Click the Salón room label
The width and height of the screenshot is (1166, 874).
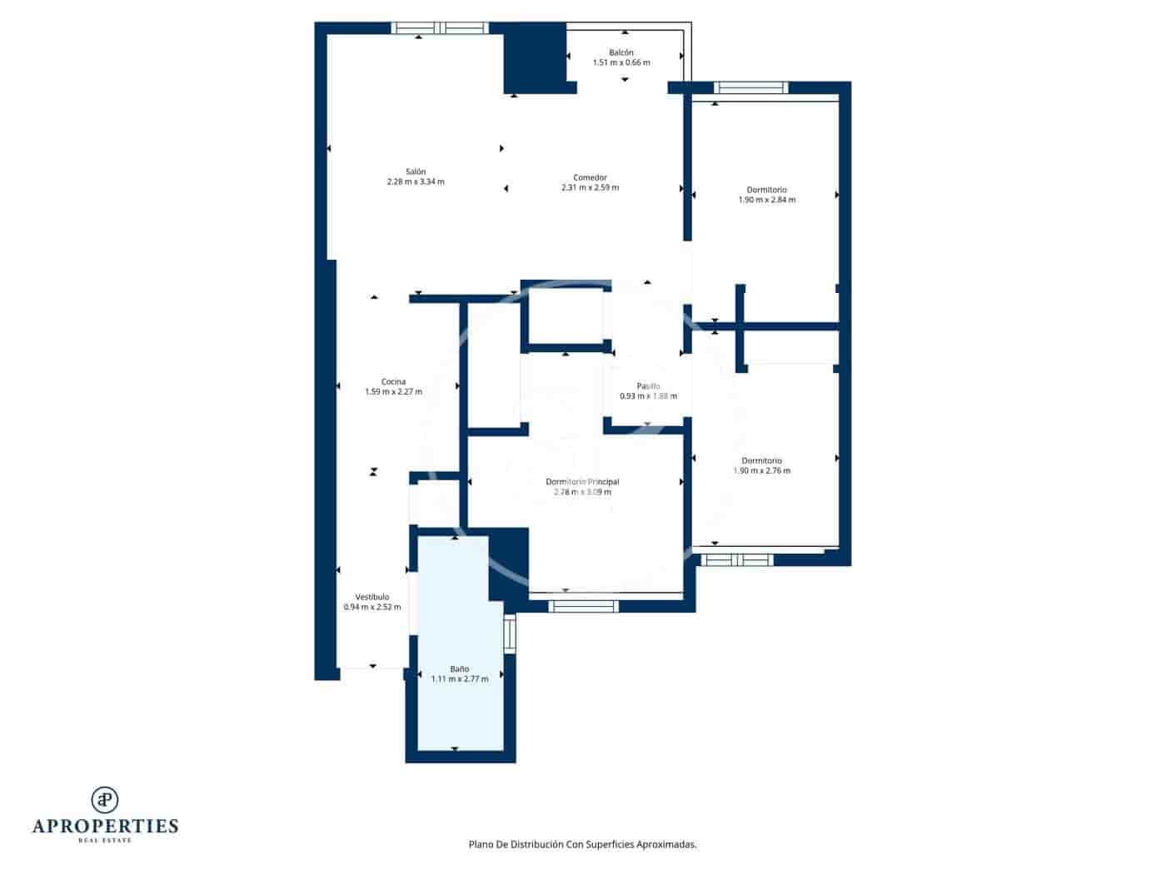click(x=416, y=171)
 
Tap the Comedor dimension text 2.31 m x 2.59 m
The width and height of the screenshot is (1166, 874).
click(x=590, y=188)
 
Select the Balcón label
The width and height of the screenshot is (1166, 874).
click(x=620, y=52)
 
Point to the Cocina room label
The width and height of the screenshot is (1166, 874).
click(x=393, y=382)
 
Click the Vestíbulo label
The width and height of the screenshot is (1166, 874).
click(x=372, y=597)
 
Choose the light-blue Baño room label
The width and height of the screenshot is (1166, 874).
click(x=460, y=668)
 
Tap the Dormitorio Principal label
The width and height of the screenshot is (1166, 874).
click(x=582, y=482)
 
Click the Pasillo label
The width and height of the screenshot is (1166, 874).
click(x=648, y=386)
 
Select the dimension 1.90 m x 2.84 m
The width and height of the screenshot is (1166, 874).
click(x=766, y=200)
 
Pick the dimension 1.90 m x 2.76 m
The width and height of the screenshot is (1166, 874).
click(x=761, y=471)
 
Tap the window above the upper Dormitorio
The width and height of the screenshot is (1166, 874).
click(x=751, y=87)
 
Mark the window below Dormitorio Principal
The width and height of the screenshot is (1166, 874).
click(x=583, y=606)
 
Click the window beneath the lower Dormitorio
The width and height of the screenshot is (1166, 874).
click(x=736, y=560)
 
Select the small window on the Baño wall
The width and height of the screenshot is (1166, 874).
click(x=510, y=634)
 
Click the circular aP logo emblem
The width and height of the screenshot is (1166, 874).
click(x=105, y=800)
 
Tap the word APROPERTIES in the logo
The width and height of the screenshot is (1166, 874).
click(x=105, y=826)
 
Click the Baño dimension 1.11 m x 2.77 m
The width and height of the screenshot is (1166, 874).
click(x=460, y=679)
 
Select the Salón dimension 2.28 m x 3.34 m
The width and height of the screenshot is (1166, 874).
click(x=416, y=181)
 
